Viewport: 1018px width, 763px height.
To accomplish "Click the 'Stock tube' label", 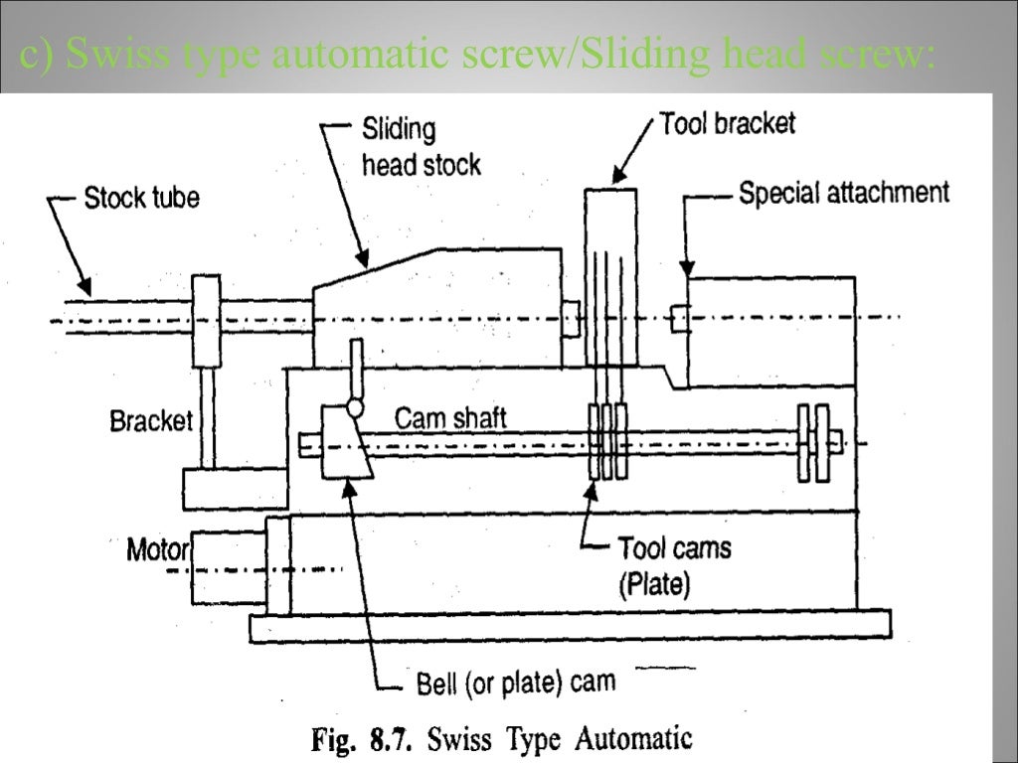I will (x=141, y=198).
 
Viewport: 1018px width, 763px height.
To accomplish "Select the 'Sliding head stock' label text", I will (x=420, y=147).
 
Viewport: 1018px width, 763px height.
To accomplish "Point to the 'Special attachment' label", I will (x=843, y=192).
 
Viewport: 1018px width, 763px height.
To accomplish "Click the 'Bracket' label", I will (x=150, y=421).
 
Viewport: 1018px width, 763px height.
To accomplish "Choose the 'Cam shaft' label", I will (x=450, y=417).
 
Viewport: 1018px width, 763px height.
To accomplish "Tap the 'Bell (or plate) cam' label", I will (x=514, y=684).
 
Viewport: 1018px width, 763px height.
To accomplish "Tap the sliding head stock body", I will (x=437, y=308).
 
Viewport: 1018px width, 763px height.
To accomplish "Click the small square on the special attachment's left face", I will (x=679, y=319).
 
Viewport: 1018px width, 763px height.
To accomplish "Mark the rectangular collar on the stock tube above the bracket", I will (x=207, y=320).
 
